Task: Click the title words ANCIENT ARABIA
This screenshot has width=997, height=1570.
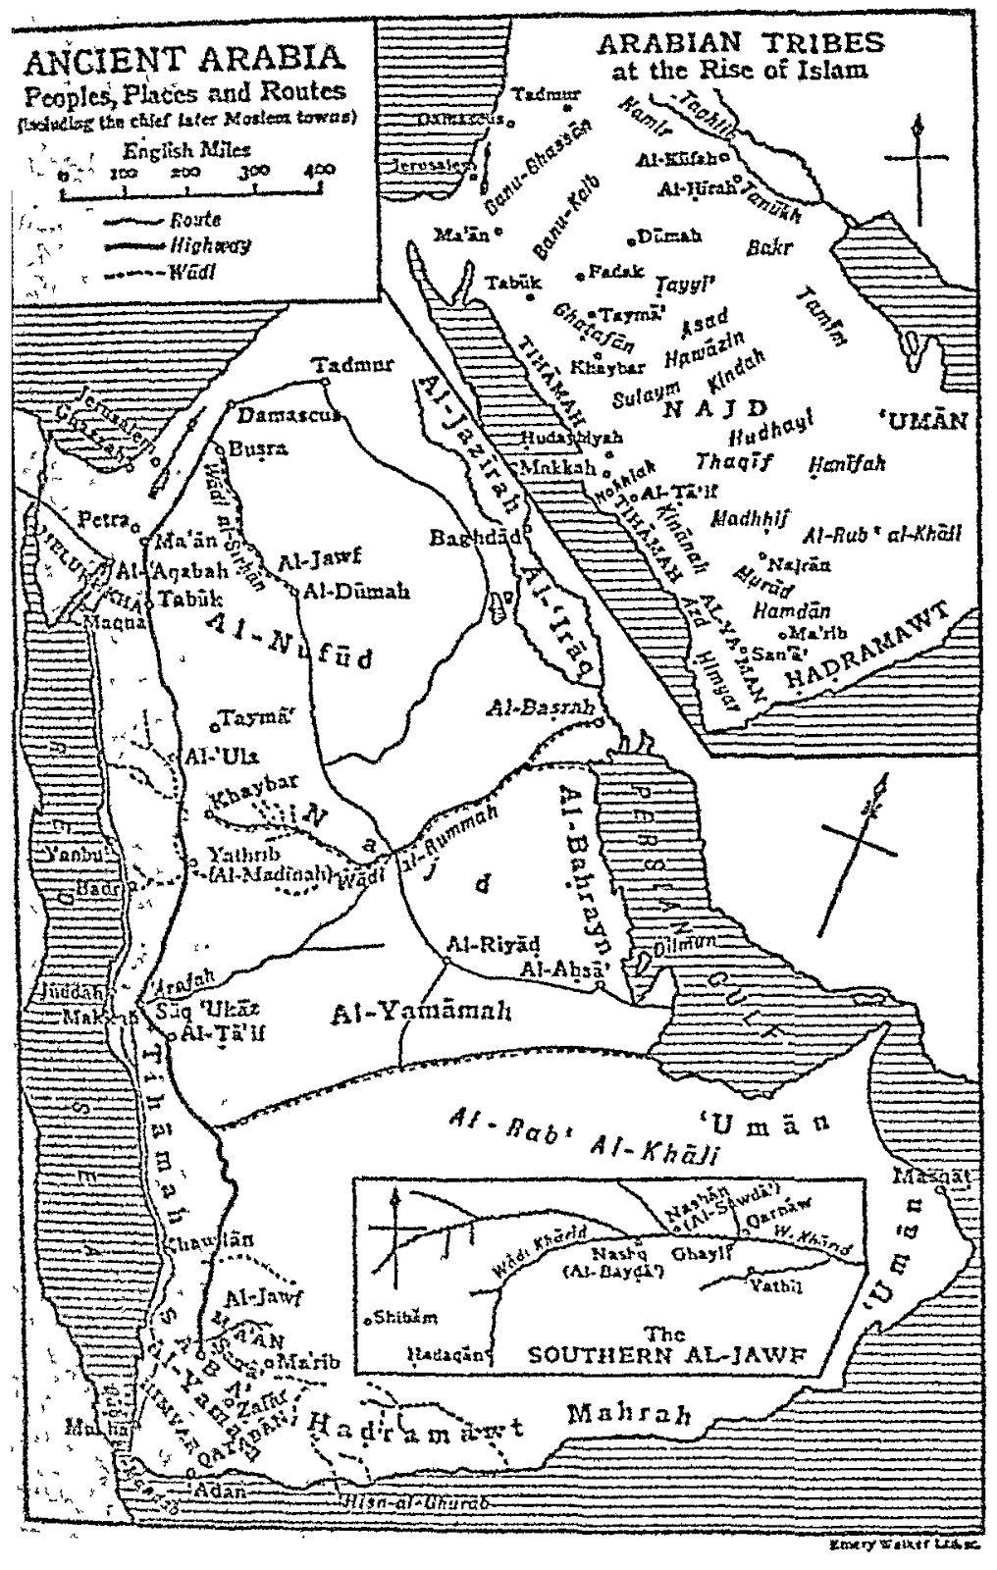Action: tap(184, 58)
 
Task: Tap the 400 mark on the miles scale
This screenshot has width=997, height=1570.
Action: tap(320, 170)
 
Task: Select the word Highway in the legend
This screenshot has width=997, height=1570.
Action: tap(209, 245)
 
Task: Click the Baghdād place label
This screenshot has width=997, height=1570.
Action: tap(474, 538)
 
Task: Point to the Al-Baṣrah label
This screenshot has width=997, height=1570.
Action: tap(532, 706)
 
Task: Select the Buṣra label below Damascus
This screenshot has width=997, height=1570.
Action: tap(258, 448)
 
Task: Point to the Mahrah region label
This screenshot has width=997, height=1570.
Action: tap(629, 1414)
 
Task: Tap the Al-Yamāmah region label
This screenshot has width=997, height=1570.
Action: tap(422, 1014)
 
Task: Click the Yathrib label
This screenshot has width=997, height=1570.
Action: tap(236, 853)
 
